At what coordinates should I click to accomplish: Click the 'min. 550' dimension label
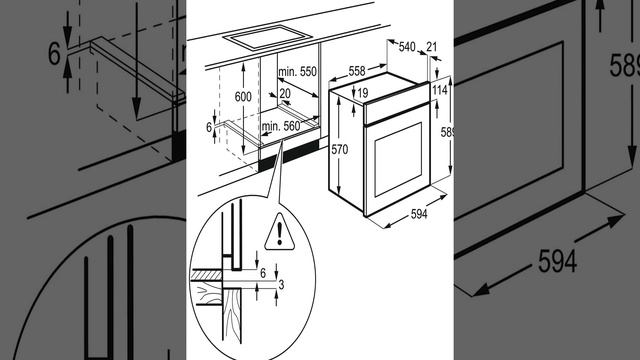[x=297, y=72]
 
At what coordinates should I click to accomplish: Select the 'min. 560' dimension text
[x=281, y=126]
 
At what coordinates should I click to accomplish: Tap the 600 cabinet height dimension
[x=243, y=97]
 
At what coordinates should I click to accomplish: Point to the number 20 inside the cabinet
[x=285, y=94]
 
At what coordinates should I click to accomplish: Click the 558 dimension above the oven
[x=357, y=71]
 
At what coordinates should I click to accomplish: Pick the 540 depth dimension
[x=407, y=47]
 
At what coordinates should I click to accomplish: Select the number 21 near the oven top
[x=431, y=47]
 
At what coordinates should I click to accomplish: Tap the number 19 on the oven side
[x=362, y=93]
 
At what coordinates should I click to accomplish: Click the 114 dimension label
[x=440, y=90]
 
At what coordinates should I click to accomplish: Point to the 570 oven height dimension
[x=340, y=150]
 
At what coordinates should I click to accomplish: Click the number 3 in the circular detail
[x=281, y=284]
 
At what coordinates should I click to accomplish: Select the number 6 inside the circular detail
[x=263, y=273]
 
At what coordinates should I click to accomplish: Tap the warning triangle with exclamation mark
[x=280, y=232]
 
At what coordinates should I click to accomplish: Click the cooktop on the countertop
[x=267, y=38]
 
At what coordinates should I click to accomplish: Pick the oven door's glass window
[x=398, y=159]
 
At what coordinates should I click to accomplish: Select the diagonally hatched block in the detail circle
[x=206, y=275]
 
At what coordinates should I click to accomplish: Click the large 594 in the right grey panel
[x=558, y=261]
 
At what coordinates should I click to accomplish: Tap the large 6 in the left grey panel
[x=54, y=53]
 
